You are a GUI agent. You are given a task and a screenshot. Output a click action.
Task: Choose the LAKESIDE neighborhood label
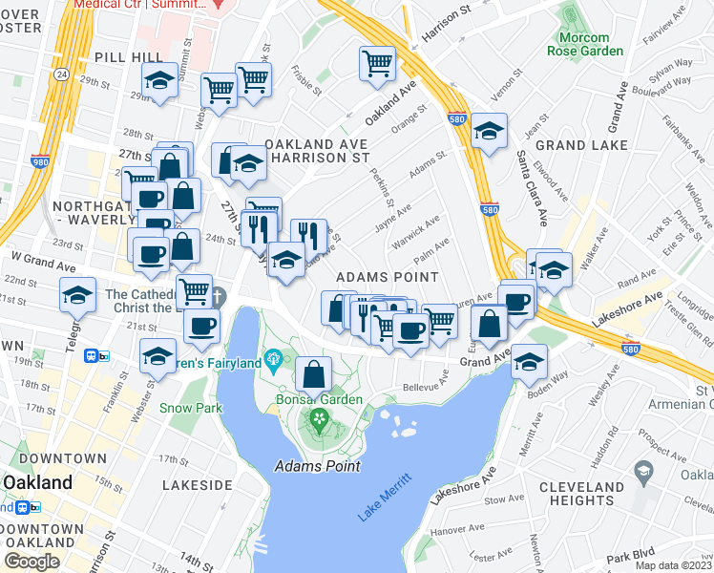pos(198,485)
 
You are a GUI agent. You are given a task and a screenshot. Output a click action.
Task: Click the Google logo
pos(31,562)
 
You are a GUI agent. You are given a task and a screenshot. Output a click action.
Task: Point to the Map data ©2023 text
pos(673,565)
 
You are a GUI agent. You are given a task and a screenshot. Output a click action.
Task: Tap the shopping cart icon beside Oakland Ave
pos(377,63)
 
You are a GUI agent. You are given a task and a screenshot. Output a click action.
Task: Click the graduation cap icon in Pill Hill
pos(159,80)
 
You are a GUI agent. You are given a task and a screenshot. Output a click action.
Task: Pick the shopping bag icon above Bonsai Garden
pos(314,372)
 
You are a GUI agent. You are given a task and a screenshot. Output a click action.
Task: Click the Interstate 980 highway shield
pos(39,163)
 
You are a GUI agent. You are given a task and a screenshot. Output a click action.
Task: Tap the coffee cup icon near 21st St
pos(201,326)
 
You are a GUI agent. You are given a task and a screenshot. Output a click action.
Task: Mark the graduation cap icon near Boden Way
pos(529,363)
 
